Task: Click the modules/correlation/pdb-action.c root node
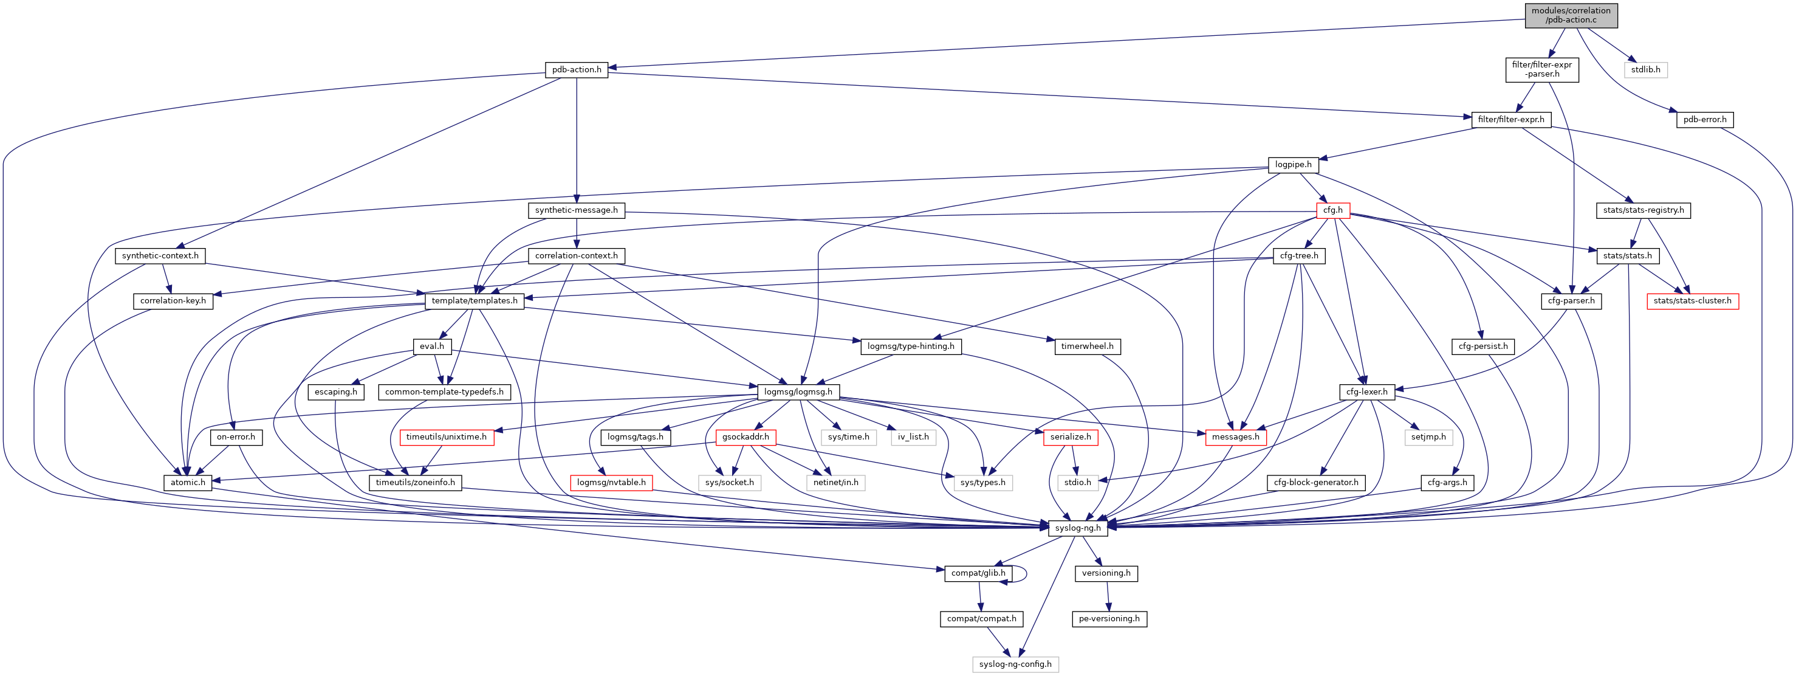(x=1570, y=15)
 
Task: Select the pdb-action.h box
(x=576, y=70)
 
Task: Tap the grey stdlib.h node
(x=1645, y=70)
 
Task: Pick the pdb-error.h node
(x=1704, y=120)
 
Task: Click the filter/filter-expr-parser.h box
(x=1541, y=70)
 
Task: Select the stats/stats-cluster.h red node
(x=1692, y=302)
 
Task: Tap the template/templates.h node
(x=474, y=302)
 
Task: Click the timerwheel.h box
(x=1087, y=347)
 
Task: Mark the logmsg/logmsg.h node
(x=798, y=392)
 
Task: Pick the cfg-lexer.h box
(x=1366, y=392)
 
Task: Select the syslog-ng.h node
(x=1077, y=528)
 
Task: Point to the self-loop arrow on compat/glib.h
(x=1026, y=573)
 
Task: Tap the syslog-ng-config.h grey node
(x=1015, y=664)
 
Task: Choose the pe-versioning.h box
(x=1109, y=619)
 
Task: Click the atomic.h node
(x=188, y=483)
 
